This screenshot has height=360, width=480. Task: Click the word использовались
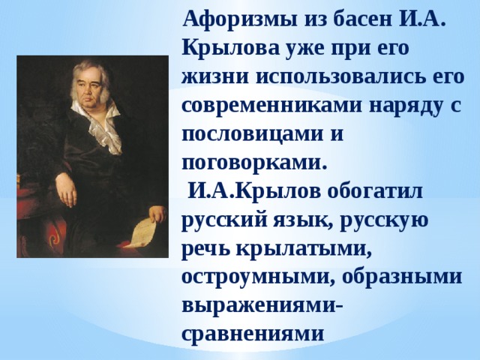[x=343, y=77]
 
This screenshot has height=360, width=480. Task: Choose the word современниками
[x=271, y=106]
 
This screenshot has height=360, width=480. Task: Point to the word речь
[x=204, y=248]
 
